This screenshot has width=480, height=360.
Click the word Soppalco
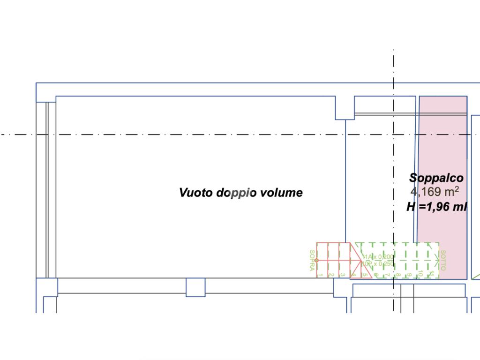click(436, 178)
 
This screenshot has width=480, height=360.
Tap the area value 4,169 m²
click(435, 192)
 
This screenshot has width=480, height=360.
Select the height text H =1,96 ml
click(436, 207)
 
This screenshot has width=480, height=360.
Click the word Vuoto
click(196, 193)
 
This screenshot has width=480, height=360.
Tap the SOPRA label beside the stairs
click(312, 260)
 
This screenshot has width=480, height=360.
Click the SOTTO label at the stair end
click(443, 260)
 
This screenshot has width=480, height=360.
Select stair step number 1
click(321, 275)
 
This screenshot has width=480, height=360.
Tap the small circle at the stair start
click(317, 260)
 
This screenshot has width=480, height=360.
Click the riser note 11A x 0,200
click(379, 257)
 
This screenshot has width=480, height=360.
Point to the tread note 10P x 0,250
click(379, 263)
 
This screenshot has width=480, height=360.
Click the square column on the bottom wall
click(195, 287)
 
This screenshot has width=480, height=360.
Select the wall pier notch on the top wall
click(345, 108)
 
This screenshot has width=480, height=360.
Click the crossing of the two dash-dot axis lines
click(394, 135)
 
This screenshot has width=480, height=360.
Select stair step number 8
click(398, 275)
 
